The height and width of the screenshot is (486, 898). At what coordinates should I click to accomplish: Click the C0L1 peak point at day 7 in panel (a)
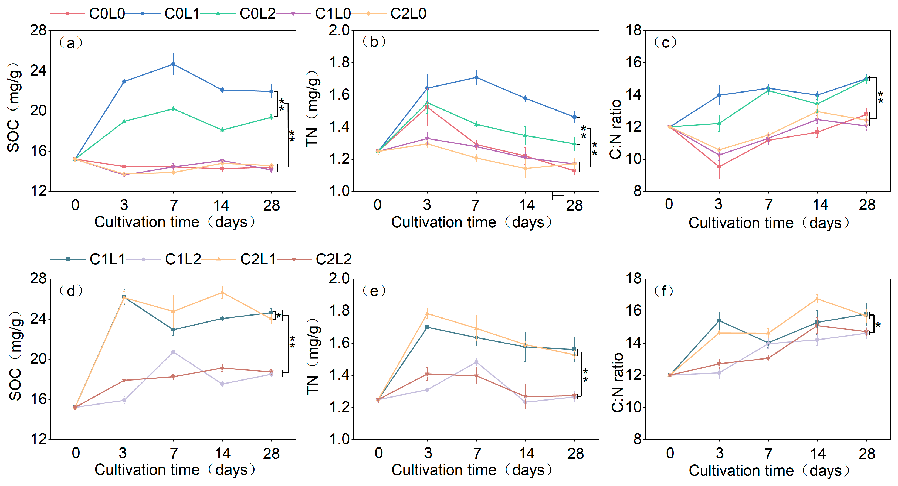(173, 64)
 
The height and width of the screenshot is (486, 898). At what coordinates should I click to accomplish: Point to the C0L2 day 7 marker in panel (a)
(173, 109)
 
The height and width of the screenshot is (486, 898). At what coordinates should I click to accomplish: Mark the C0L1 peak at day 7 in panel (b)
(476, 78)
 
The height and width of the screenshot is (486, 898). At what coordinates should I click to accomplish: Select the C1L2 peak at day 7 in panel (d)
(173, 352)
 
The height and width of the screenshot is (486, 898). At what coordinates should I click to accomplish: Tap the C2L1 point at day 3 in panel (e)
(427, 314)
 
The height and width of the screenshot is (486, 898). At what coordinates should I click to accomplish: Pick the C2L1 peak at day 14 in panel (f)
(817, 299)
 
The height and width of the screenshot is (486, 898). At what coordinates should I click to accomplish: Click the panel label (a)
(71, 43)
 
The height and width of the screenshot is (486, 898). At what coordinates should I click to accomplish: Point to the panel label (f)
(664, 291)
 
